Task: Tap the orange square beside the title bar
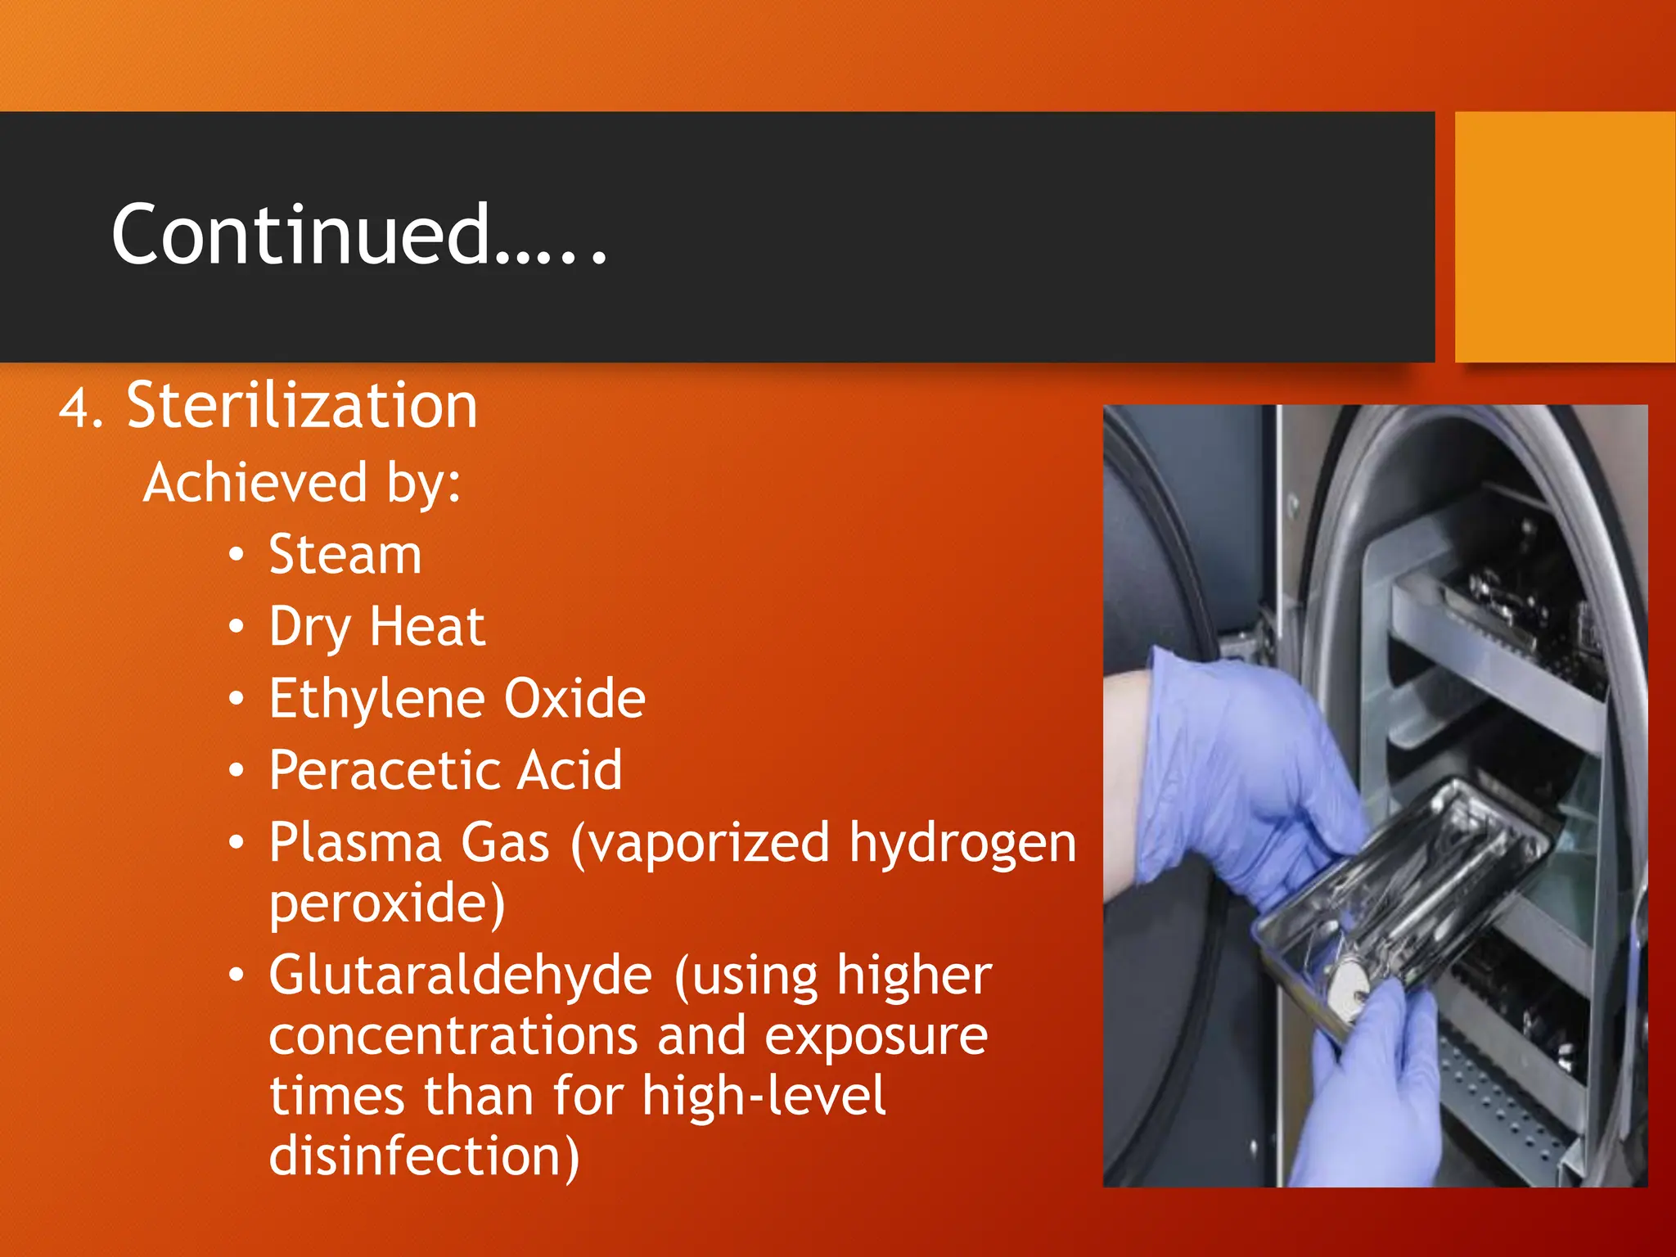(1564, 237)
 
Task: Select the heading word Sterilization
(302, 406)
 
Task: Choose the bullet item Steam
(345, 555)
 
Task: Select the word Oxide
(574, 699)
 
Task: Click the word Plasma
(355, 843)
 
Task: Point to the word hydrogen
(962, 845)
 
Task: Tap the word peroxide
(386, 903)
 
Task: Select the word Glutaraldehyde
(460, 975)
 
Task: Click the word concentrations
(453, 1036)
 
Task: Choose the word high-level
(763, 1097)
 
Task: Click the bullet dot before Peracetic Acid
(237, 771)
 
